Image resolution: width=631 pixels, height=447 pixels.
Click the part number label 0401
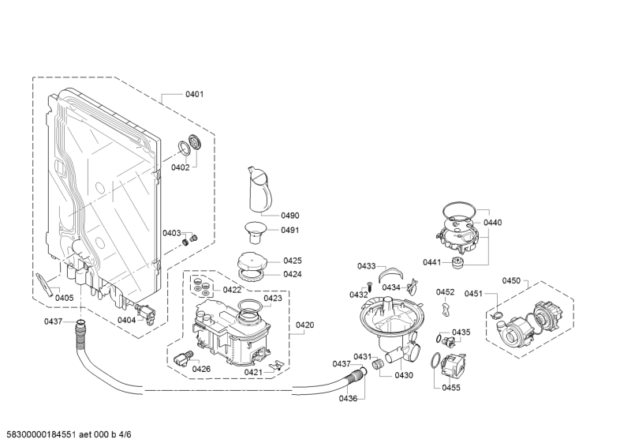pyautogui.click(x=194, y=95)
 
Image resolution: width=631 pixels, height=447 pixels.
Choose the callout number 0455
pyautogui.click(x=450, y=388)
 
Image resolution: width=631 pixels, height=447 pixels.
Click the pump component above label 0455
pyautogui.click(x=453, y=366)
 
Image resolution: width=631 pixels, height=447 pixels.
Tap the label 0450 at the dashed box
pyautogui.click(x=511, y=281)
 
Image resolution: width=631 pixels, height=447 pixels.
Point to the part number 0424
pyautogui.click(x=293, y=275)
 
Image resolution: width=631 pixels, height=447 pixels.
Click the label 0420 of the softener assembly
pyautogui.click(x=304, y=325)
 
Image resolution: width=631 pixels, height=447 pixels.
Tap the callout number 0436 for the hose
pyautogui.click(x=348, y=399)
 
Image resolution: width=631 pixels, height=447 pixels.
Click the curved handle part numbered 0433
pyautogui.click(x=389, y=273)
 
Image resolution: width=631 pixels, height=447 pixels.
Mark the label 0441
pyautogui.click(x=432, y=262)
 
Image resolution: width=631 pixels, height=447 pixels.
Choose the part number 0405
pyautogui.click(x=64, y=298)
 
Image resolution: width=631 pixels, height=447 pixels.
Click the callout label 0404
pyautogui.click(x=126, y=320)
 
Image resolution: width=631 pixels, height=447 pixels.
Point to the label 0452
pyautogui.click(x=445, y=292)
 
